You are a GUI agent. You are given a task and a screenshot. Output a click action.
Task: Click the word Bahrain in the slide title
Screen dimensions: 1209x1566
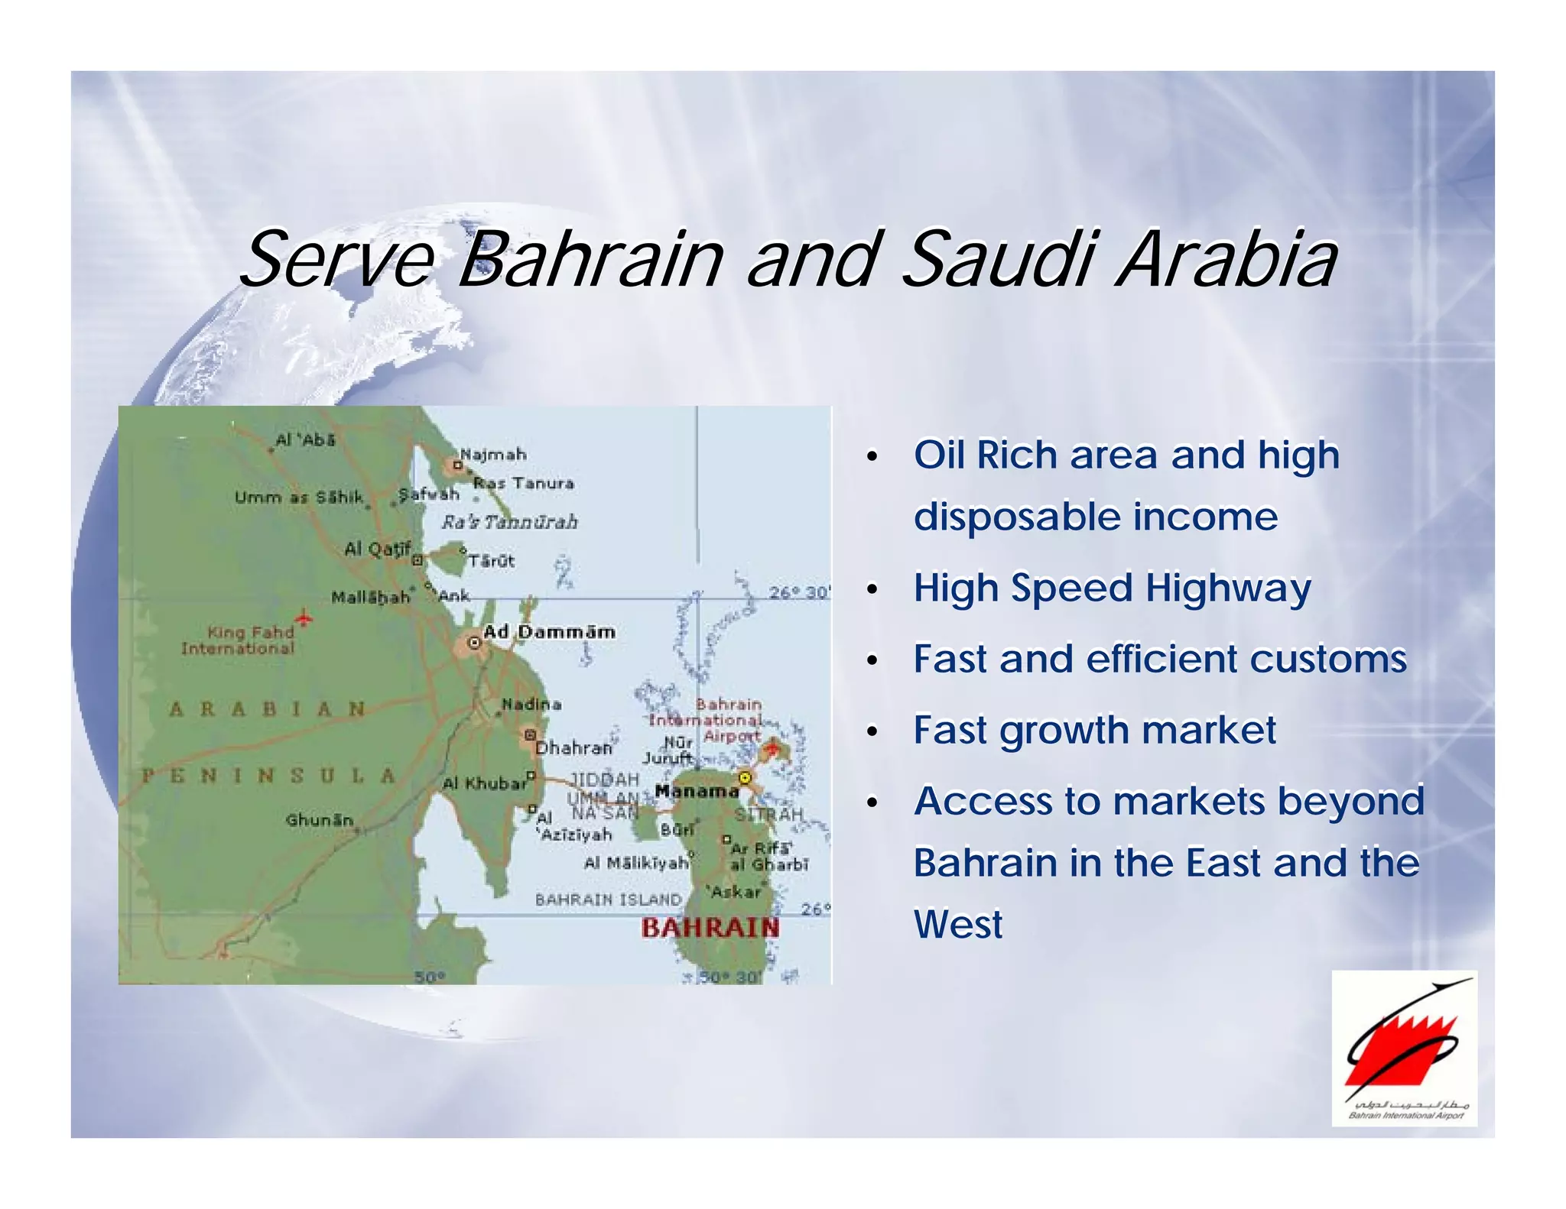tap(590, 260)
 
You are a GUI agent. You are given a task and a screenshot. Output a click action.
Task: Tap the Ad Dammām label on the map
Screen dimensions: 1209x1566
tap(549, 632)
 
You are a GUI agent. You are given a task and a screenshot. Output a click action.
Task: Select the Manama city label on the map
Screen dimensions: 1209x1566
tap(697, 791)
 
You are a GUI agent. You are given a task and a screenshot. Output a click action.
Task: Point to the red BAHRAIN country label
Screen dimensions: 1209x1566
tap(710, 928)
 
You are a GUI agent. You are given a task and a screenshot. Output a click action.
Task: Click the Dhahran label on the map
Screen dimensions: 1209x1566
tap(573, 747)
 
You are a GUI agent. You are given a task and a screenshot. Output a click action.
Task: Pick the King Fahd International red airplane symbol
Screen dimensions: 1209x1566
tap(304, 617)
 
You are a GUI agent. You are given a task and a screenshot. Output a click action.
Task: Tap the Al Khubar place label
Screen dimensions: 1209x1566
tap(485, 783)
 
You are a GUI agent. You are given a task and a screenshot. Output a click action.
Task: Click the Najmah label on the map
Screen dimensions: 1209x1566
tap(493, 455)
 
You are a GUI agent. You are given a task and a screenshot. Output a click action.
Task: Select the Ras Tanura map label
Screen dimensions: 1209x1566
tap(524, 483)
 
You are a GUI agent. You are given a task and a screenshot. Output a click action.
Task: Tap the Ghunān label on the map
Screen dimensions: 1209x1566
tap(320, 820)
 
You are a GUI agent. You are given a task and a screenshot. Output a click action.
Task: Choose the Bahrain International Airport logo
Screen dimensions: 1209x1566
tap(1404, 1048)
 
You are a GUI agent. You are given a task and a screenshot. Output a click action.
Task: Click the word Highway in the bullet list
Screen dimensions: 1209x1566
tap(1228, 588)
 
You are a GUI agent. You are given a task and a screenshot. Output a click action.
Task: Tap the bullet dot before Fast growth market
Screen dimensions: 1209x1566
tap(872, 732)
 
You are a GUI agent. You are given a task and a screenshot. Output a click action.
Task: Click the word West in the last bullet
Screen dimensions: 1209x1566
tap(958, 925)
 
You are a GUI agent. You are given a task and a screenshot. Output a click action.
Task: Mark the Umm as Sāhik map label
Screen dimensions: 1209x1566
tap(299, 497)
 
